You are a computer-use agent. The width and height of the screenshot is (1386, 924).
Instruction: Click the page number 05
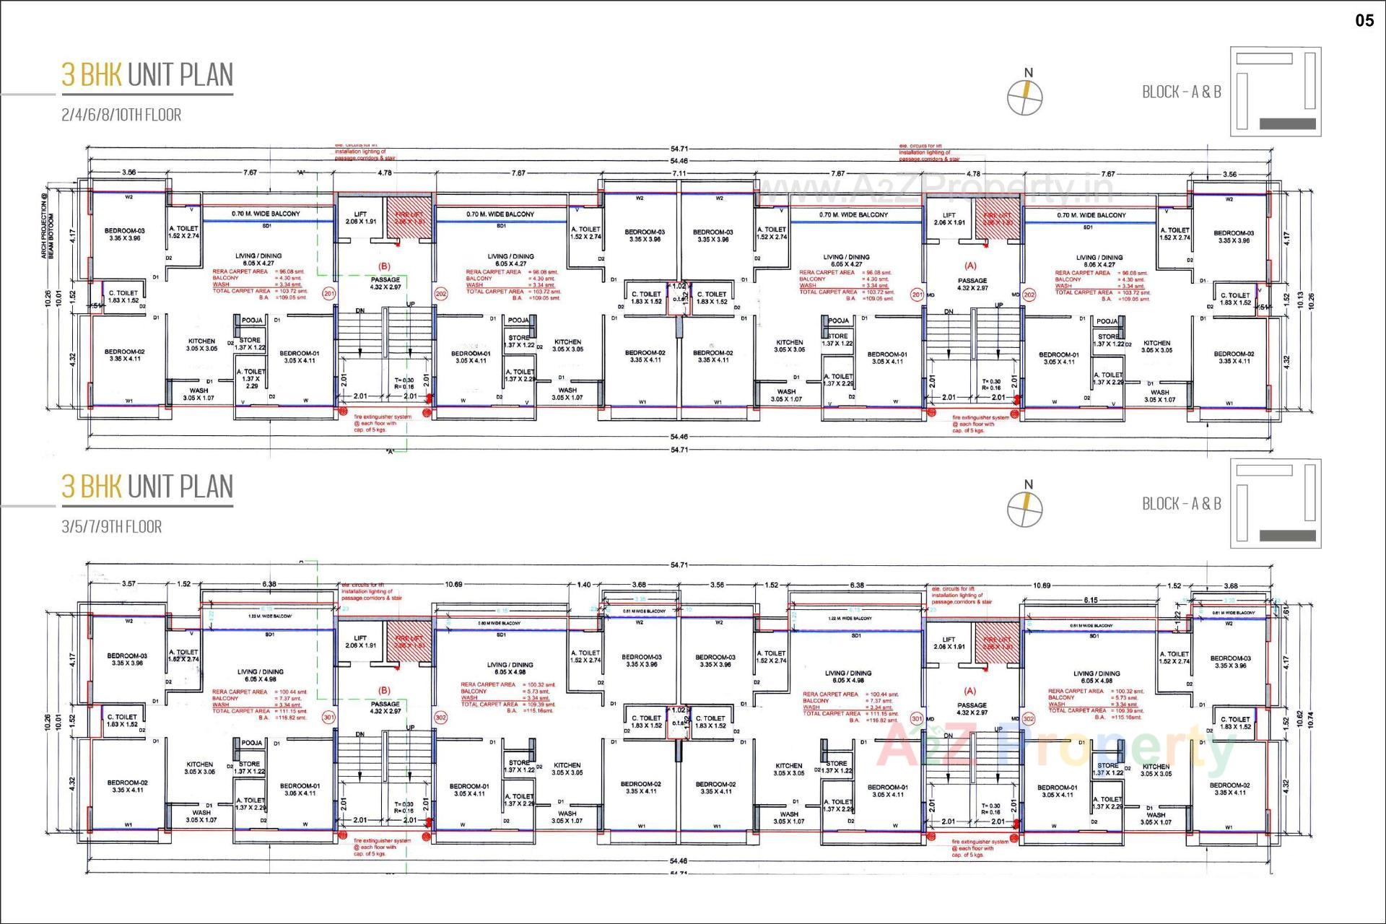coord(1364,20)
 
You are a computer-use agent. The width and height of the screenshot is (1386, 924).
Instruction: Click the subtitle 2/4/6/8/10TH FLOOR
coord(121,115)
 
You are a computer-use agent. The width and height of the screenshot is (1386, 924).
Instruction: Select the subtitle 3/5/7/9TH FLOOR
coord(111,526)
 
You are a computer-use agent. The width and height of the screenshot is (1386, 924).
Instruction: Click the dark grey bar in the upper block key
coord(1287,124)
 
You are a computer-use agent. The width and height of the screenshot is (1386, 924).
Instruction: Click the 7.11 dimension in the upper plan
coord(679,173)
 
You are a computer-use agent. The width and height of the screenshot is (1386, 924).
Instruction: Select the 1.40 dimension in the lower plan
coord(584,585)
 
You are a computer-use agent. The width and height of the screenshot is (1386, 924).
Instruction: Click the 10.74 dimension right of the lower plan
coord(1310,720)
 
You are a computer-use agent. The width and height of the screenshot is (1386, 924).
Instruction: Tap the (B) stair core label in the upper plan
coord(385,266)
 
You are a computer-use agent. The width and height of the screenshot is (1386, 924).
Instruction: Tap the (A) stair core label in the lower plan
coord(969,691)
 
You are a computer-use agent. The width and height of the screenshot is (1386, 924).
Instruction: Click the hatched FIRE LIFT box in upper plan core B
coord(409,214)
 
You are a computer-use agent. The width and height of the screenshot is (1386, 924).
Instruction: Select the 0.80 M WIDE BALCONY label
coord(499,623)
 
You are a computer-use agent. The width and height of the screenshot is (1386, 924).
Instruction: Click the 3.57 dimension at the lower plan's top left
coord(128,583)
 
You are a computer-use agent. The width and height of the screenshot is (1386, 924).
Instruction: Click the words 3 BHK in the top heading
coord(91,75)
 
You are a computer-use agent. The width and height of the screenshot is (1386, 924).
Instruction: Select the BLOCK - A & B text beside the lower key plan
coord(1181,504)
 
